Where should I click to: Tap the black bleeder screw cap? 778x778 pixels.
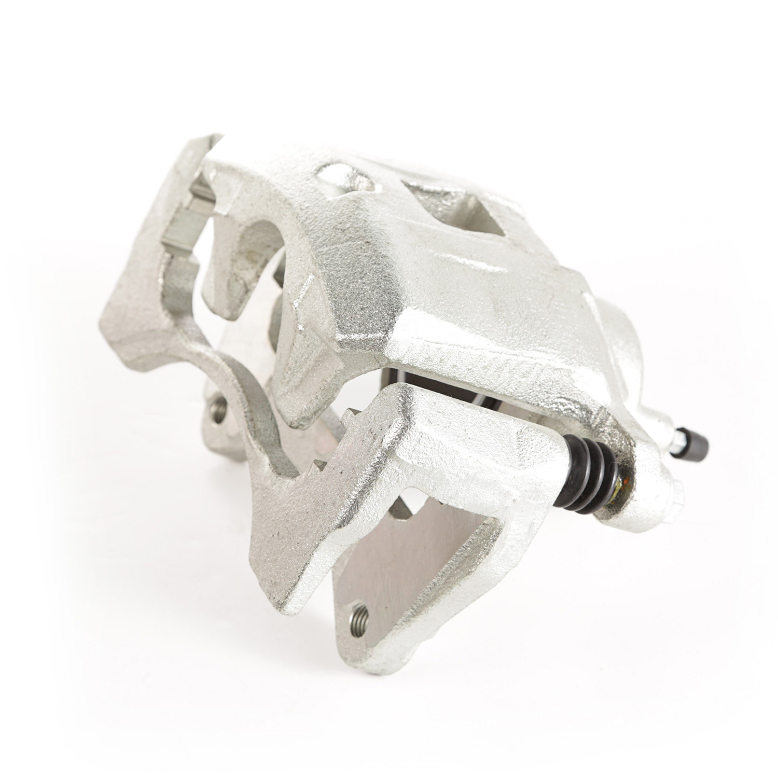(x=694, y=445)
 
